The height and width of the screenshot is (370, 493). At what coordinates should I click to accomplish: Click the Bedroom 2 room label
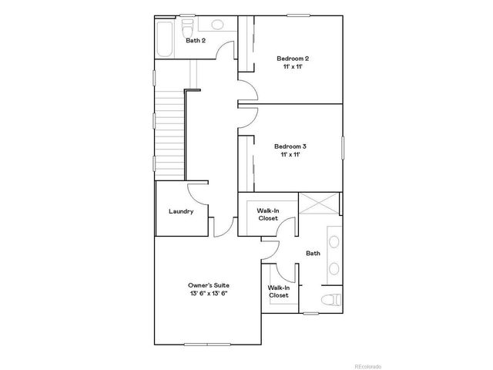292,58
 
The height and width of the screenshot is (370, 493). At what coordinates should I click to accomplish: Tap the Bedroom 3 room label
290,146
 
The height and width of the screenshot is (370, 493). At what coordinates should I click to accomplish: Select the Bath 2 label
196,40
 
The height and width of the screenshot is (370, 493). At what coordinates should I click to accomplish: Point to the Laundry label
181,211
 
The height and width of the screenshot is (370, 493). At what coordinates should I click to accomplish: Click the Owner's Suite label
209,284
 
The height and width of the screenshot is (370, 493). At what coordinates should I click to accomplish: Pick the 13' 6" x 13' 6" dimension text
209,294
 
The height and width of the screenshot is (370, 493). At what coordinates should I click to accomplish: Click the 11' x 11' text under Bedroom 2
292,67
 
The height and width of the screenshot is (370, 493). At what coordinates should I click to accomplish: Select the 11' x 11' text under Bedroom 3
290,155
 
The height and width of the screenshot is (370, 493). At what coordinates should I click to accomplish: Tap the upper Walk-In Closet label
267,214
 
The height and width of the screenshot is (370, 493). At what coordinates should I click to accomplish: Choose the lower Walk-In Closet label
278,291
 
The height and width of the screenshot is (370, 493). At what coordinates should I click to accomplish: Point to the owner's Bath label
313,253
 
